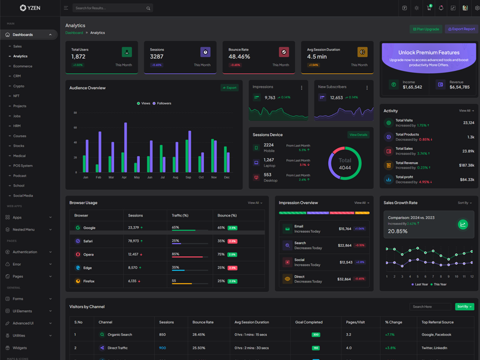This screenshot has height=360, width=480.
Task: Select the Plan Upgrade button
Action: [x=426, y=29]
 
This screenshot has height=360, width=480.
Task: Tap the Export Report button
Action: [x=461, y=29]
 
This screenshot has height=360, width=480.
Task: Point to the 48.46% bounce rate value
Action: [x=239, y=56]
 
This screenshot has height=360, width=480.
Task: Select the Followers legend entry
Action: [x=162, y=103]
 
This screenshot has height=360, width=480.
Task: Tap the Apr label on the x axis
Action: [x=124, y=178]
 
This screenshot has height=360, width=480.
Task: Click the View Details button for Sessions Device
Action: [x=358, y=135]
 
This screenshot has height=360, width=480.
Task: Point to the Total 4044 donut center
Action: [x=345, y=163]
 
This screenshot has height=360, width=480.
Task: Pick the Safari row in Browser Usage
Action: [x=88, y=241]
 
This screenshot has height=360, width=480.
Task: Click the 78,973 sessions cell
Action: [x=134, y=241]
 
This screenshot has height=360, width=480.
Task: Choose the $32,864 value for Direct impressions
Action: [x=344, y=279]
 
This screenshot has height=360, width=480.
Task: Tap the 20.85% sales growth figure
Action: [x=397, y=231]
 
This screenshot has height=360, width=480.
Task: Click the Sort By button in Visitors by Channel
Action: [x=464, y=307]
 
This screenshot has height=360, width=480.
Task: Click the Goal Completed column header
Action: [x=308, y=322]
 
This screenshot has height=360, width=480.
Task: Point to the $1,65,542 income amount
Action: [x=412, y=87]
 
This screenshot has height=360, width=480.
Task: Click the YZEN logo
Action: [x=30, y=8]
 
